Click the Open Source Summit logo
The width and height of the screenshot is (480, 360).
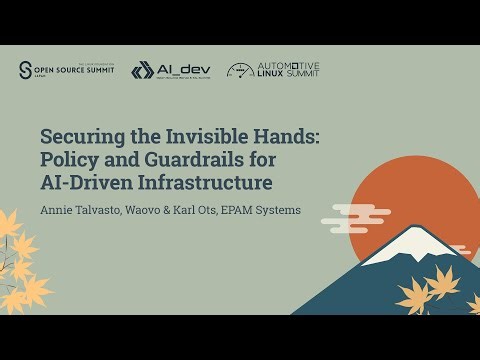pyautogui.click(x=66, y=70)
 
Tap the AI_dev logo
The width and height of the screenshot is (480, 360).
pyautogui.click(x=169, y=70)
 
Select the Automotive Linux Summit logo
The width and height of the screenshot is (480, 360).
pyautogui.click(x=273, y=70)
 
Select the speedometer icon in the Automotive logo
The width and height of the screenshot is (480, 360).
pyautogui.click(x=240, y=70)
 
